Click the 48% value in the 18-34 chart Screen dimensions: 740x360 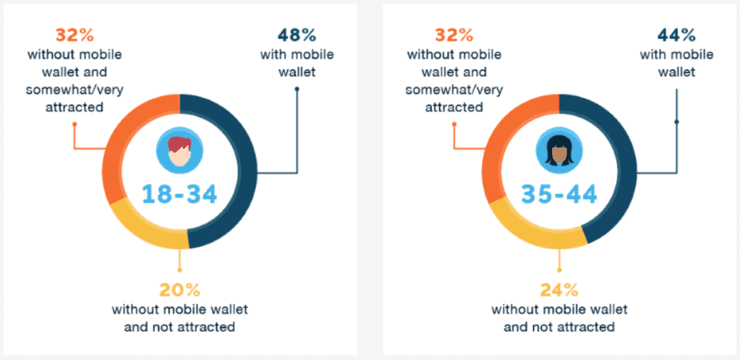click(296, 35)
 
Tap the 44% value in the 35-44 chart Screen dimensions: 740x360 click(676, 35)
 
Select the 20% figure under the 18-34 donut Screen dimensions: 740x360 click(179, 289)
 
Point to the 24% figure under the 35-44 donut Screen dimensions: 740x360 click(559, 289)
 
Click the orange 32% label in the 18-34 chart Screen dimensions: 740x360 click(74, 35)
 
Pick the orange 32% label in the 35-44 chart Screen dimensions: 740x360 click(454, 35)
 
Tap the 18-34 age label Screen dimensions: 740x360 click(180, 194)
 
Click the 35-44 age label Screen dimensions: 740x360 click(559, 194)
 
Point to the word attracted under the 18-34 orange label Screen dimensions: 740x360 click(74, 107)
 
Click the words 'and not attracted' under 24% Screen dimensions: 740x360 click(559, 327)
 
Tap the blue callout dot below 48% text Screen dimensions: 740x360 click(297, 89)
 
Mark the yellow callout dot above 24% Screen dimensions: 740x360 click(559, 270)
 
